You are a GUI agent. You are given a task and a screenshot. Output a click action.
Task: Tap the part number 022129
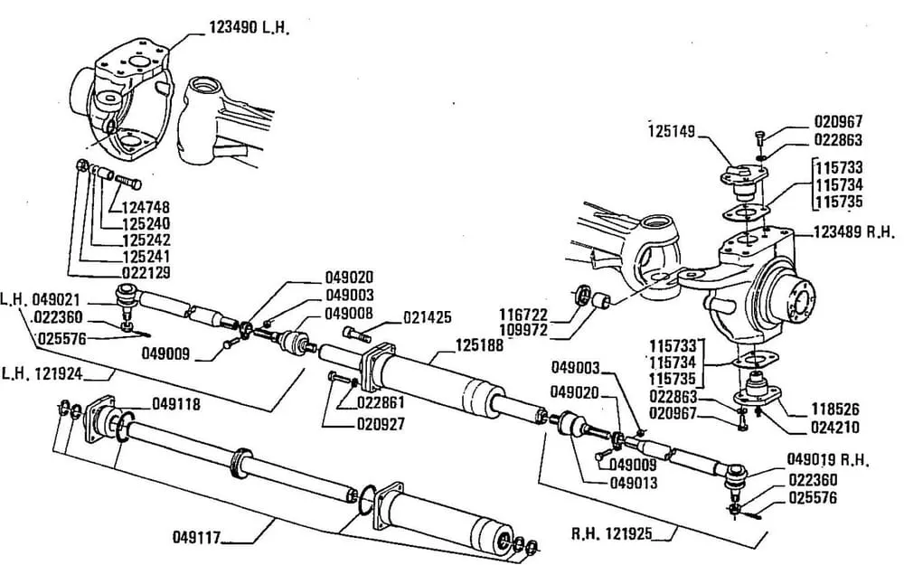click(x=147, y=271)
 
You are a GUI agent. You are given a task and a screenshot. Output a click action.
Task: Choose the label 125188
click(x=480, y=344)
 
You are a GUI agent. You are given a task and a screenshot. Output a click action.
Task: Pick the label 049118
click(x=176, y=403)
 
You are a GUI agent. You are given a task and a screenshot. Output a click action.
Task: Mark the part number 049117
click(x=197, y=538)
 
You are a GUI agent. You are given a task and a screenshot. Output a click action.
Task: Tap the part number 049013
click(x=633, y=483)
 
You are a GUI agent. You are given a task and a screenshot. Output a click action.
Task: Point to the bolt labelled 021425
click(x=355, y=334)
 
